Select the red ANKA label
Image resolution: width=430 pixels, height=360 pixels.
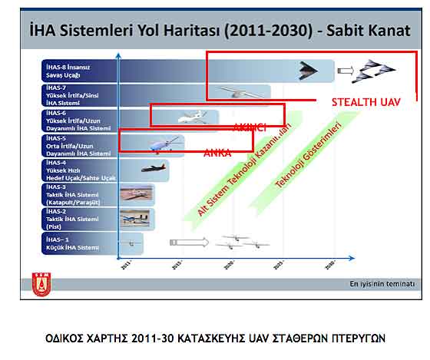tap(217, 154)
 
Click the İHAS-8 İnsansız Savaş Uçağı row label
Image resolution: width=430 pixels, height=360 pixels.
tap(69, 71)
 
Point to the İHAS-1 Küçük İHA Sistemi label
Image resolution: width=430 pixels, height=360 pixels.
tap(71, 244)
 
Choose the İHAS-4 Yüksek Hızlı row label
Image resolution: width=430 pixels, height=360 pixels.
tap(71, 169)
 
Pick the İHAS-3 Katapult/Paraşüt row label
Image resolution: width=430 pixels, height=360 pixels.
tap(71, 193)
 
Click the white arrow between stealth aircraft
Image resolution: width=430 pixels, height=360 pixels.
tap(346, 72)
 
